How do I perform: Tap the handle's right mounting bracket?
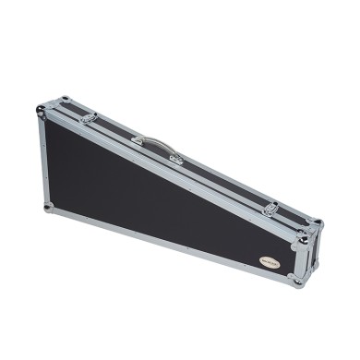[x=175, y=158]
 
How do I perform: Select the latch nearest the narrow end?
[x=271, y=209]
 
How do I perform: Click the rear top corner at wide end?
[x=63, y=98]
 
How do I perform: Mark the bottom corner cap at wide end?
[x=45, y=208]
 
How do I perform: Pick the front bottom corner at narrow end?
[x=296, y=280]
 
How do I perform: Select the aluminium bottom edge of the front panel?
[x=166, y=242]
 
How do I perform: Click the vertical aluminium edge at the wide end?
[x=42, y=162]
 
